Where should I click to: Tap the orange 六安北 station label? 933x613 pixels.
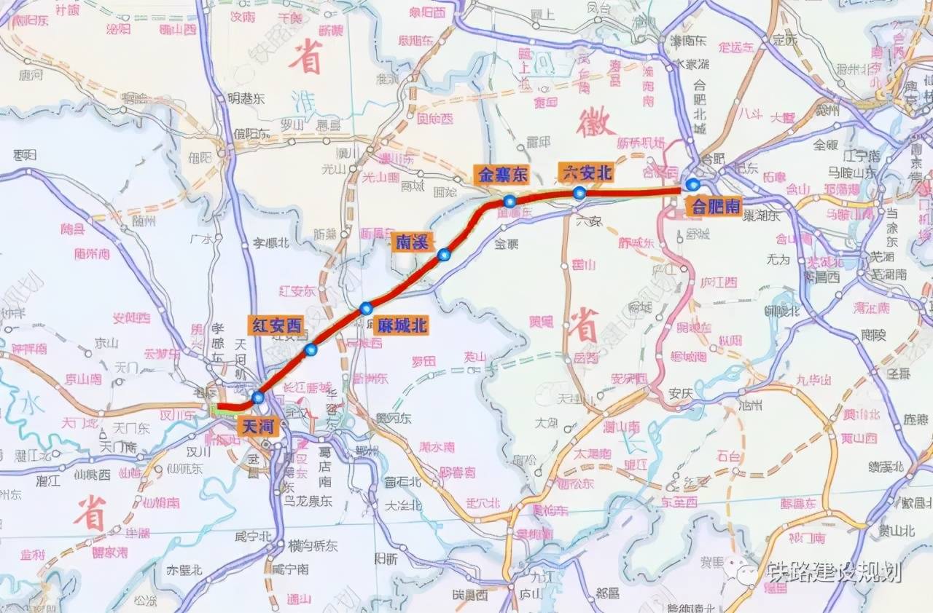click(x=586, y=172)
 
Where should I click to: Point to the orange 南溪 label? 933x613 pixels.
click(x=413, y=241)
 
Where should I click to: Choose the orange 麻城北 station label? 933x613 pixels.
click(x=401, y=325)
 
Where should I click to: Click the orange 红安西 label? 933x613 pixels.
click(x=277, y=325)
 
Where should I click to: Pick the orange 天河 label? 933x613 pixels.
click(x=259, y=425)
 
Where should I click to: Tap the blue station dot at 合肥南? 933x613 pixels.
click(x=692, y=185)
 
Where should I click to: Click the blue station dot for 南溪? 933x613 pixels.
click(x=444, y=255)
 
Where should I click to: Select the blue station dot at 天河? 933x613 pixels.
click(x=257, y=398)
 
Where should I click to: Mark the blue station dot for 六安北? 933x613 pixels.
click(x=579, y=193)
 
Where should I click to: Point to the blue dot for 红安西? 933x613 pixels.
click(x=311, y=350)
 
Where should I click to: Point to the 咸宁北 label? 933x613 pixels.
click(x=254, y=537)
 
